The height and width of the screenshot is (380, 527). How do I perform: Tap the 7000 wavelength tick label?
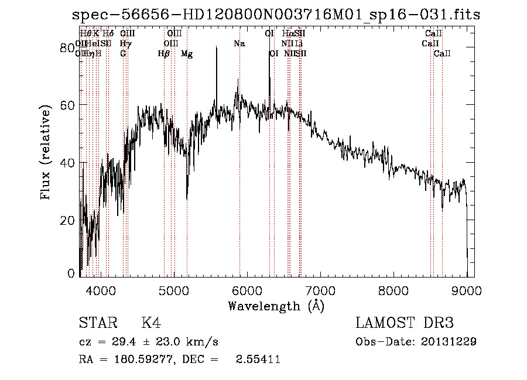(x=320, y=290)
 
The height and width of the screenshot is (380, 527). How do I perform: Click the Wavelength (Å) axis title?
(x=276, y=306)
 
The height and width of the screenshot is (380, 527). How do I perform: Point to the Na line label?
(x=239, y=44)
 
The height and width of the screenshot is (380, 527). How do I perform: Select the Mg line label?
(x=187, y=54)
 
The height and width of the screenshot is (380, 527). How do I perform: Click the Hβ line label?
(x=164, y=54)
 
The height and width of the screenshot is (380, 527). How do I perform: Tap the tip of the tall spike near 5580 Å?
(x=217, y=47)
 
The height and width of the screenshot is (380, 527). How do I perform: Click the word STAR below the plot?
(x=97, y=323)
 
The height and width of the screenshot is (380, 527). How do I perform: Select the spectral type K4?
(x=150, y=323)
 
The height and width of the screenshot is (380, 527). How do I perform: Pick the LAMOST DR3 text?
(x=405, y=323)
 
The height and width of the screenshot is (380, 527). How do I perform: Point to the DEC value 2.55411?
(x=258, y=359)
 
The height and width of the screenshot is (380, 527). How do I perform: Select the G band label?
(x=123, y=54)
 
